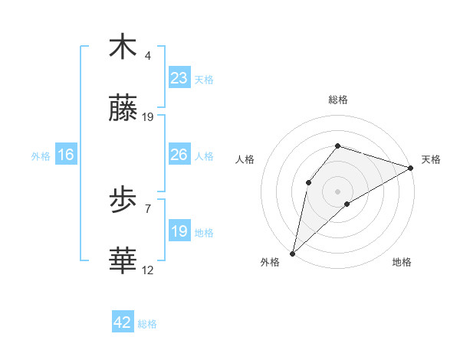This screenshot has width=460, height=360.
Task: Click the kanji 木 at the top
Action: point(123,47)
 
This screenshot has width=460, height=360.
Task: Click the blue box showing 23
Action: point(179,78)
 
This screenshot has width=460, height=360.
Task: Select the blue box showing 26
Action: point(179,155)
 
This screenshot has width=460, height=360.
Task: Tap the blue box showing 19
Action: point(179,231)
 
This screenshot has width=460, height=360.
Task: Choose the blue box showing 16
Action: point(66,155)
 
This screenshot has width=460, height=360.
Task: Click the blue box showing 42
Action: point(122,322)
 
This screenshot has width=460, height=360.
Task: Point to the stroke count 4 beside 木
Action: point(148,56)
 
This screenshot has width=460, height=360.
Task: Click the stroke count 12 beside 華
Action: point(148,270)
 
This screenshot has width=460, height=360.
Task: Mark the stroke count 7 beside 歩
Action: point(148,208)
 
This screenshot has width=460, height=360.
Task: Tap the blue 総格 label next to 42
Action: point(147,324)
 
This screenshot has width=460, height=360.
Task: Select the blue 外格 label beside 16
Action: point(41,155)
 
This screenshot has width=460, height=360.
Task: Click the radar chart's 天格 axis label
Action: point(431,159)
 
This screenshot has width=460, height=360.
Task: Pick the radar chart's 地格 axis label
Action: point(402,262)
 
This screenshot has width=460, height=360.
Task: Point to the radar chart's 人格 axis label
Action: point(245,159)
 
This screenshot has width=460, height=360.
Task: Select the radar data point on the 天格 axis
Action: point(411,168)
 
